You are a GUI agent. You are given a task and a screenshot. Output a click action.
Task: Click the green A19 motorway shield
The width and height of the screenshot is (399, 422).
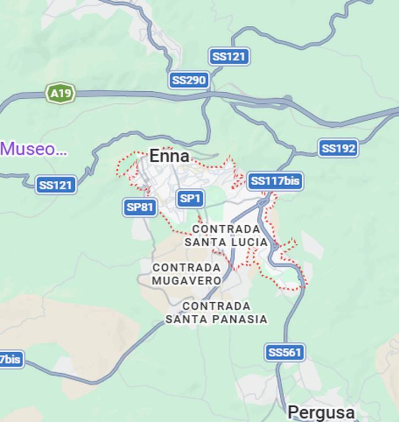click(x=60, y=93)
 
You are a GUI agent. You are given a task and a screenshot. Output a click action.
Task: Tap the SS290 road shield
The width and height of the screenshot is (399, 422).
click(x=189, y=80)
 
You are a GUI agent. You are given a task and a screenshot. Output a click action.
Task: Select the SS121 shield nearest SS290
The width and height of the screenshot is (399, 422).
click(x=229, y=57)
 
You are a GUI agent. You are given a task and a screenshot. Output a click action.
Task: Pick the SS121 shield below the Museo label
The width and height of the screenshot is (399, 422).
click(x=56, y=185)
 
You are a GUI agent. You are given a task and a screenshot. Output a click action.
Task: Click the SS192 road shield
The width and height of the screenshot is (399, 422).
click(x=339, y=148)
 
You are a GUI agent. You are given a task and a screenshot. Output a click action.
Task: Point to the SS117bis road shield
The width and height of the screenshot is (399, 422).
click(x=275, y=181)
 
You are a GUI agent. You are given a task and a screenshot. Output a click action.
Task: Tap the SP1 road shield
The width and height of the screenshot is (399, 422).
click(x=190, y=198)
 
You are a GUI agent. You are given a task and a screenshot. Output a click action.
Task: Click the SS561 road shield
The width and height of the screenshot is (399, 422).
click(x=285, y=352)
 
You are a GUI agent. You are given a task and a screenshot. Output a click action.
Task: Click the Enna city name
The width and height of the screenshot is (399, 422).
click(x=169, y=157)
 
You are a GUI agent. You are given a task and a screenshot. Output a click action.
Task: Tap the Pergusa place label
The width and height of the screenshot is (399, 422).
click(x=321, y=412)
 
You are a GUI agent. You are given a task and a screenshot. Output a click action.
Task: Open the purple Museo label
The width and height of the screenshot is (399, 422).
click(x=34, y=149)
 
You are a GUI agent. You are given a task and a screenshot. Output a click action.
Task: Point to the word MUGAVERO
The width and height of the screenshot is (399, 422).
click(x=187, y=281)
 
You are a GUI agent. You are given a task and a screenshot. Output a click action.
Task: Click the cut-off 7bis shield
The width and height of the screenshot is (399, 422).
click(x=11, y=360)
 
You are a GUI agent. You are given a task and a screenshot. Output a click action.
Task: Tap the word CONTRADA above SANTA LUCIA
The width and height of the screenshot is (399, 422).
click(x=226, y=229)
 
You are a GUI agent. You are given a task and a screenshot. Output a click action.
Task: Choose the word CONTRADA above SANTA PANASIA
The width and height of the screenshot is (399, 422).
click(x=217, y=306)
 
